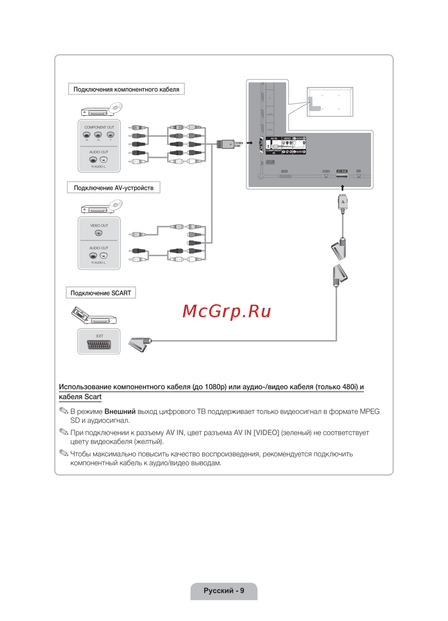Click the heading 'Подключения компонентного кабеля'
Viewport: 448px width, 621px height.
(x=126, y=89)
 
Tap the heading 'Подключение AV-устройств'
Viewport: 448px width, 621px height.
(x=113, y=188)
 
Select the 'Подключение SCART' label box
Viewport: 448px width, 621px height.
(x=101, y=293)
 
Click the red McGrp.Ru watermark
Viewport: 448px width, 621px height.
(x=227, y=311)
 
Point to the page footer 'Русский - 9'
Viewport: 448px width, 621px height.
(x=224, y=590)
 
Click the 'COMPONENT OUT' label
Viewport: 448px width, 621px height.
(x=99, y=127)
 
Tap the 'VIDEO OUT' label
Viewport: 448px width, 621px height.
(x=99, y=226)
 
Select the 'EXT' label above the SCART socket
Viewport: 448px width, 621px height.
(x=99, y=336)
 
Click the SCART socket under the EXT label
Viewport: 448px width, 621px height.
(x=99, y=345)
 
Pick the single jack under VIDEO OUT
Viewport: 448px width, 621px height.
(x=99, y=233)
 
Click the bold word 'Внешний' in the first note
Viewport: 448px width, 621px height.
(x=120, y=411)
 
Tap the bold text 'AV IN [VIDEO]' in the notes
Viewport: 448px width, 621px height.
(x=256, y=433)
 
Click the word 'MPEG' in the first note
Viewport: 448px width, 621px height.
(x=370, y=411)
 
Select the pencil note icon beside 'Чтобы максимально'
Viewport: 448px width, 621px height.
(x=64, y=453)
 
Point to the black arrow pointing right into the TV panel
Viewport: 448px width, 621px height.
(x=250, y=143)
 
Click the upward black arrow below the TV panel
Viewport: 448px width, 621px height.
(x=342, y=188)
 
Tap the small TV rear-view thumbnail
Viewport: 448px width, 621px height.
(x=330, y=102)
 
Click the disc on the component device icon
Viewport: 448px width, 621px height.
(x=116, y=108)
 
